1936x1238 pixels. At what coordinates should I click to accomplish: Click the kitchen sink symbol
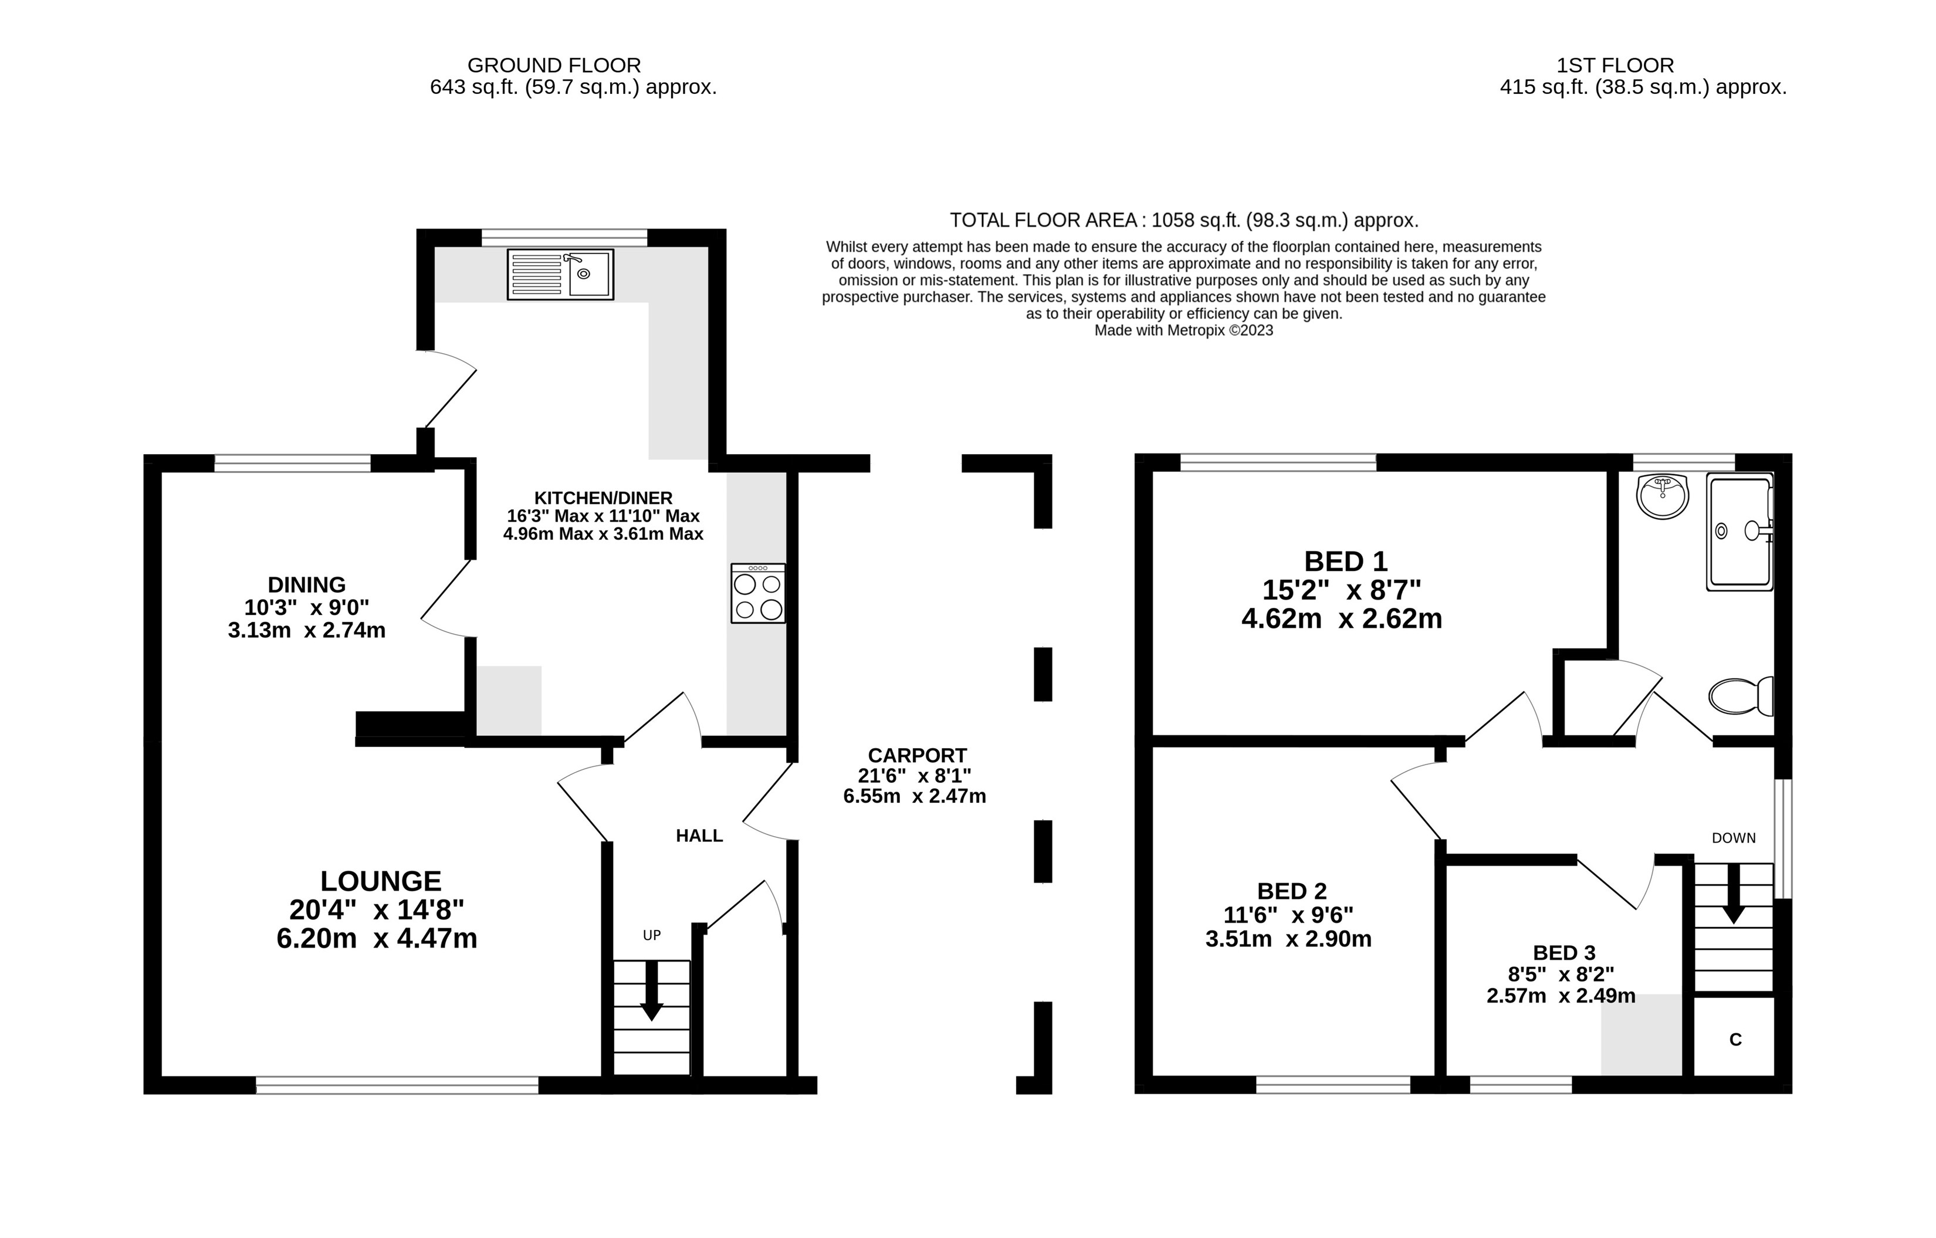[x=560, y=274]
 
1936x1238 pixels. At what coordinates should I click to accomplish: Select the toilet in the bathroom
[x=1741, y=696]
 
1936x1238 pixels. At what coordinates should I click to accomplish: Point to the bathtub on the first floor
[x=1740, y=532]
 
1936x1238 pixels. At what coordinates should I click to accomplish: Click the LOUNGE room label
[x=380, y=881]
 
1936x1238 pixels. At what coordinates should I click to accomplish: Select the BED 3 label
[x=1563, y=953]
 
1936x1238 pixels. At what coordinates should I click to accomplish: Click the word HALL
[x=699, y=836]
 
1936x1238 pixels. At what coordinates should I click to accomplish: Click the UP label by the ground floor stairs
[x=651, y=935]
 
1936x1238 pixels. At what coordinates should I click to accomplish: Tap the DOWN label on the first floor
[x=1734, y=838]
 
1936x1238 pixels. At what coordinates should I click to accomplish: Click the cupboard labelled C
[x=1735, y=1040]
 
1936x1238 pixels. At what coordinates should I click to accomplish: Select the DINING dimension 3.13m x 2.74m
[x=306, y=630]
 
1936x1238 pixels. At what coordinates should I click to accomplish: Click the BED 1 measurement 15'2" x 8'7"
[x=1341, y=590]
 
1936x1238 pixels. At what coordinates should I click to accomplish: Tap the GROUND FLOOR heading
[x=554, y=65]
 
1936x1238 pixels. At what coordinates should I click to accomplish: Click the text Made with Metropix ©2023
[x=1183, y=330]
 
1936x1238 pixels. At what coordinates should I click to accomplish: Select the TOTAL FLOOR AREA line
[x=1183, y=220]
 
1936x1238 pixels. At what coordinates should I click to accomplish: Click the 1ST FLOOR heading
[x=1615, y=65]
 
